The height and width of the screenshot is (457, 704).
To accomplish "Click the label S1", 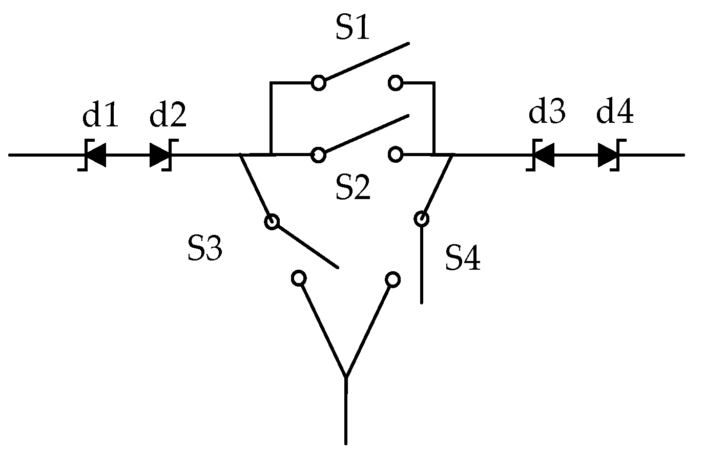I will point(353,28).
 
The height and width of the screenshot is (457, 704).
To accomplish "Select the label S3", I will point(204,249).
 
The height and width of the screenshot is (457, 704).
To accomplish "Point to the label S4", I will point(463,257).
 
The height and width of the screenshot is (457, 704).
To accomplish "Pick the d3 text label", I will point(547,112).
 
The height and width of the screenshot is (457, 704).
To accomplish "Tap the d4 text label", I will point(615,112).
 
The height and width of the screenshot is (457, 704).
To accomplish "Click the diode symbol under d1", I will point(93,155).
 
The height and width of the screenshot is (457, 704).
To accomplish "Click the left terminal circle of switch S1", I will point(319,82).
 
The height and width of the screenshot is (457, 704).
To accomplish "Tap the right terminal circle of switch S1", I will point(395,82).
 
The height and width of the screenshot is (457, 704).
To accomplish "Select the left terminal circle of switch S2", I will point(319,154).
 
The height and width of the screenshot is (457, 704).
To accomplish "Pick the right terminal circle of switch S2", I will point(395,154).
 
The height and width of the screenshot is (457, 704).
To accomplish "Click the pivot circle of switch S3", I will point(272,222).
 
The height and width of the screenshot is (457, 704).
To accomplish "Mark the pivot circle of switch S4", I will point(422,219).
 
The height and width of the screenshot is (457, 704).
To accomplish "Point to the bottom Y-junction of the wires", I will point(346,379).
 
